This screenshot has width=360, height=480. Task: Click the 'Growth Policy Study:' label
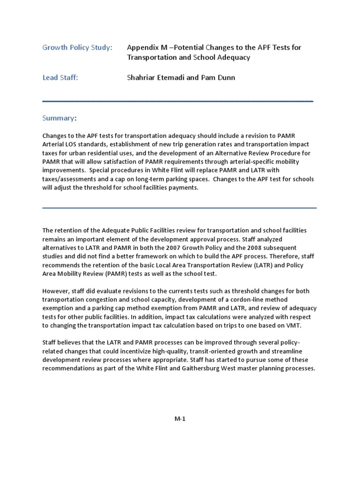tap(77, 47)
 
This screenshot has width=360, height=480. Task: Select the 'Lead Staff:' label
tap(60, 78)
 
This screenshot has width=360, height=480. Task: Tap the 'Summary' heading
tap(58, 118)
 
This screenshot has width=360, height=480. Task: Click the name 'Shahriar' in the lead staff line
tap(142, 78)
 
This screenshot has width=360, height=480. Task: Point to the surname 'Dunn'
tap(225, 78)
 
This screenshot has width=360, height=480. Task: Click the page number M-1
tap(180, 419)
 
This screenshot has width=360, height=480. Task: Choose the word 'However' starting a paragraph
tap(56, 291)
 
